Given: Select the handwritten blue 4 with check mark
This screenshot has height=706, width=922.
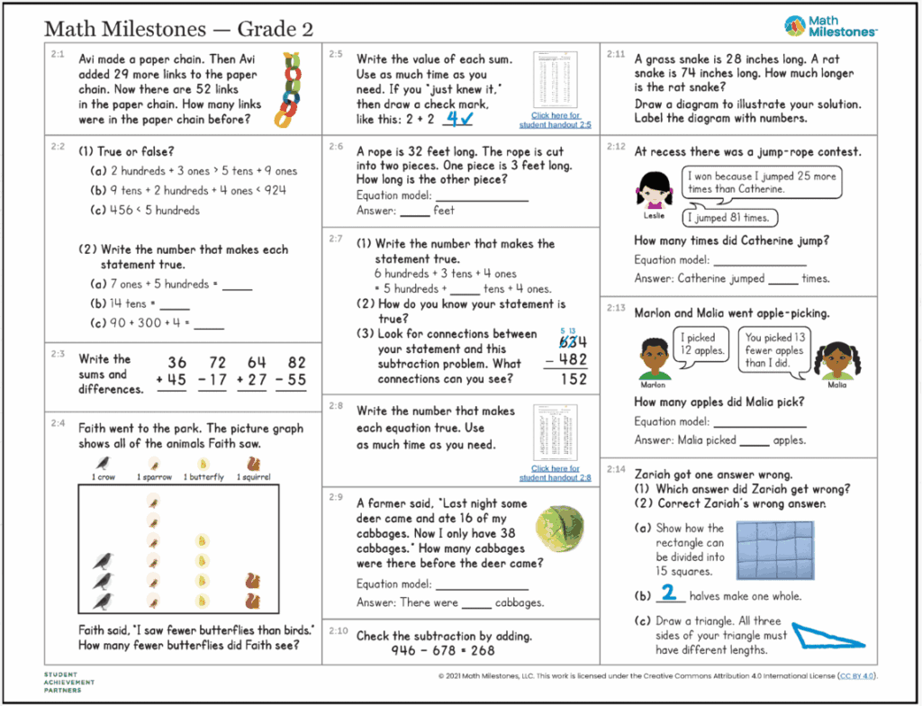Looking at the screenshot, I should point(461,117).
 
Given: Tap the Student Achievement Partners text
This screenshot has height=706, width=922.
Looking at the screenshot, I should point(68,682).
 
